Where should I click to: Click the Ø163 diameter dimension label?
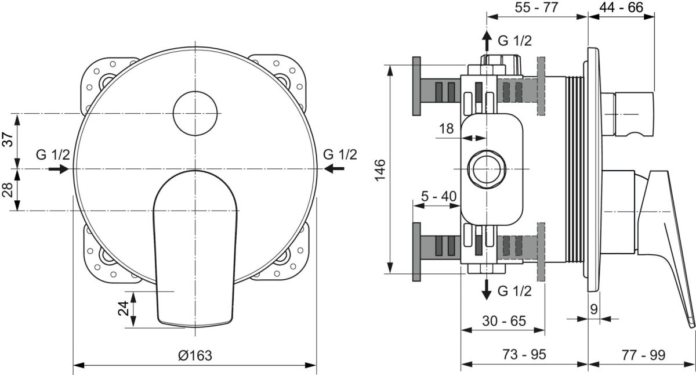pyautogui.click(x=195, y=355)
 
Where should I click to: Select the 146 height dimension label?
pyautogui.click(x=380, y=170)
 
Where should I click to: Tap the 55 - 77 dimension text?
pyautogui.click(x=536, y=8)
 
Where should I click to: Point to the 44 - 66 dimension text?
pyautogui.click(x=621, y=8)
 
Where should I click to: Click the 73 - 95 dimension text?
pyautogui.click(x=524, y=354)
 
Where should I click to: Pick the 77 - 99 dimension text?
pyautogui.click(x=643, y=355)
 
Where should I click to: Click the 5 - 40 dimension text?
pyautogui.click(x=438, y=196)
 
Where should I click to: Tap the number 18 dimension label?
pyautogui.click(x=446, y=128)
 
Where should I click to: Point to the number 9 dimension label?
pyautogui.click(x=594, y=309)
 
